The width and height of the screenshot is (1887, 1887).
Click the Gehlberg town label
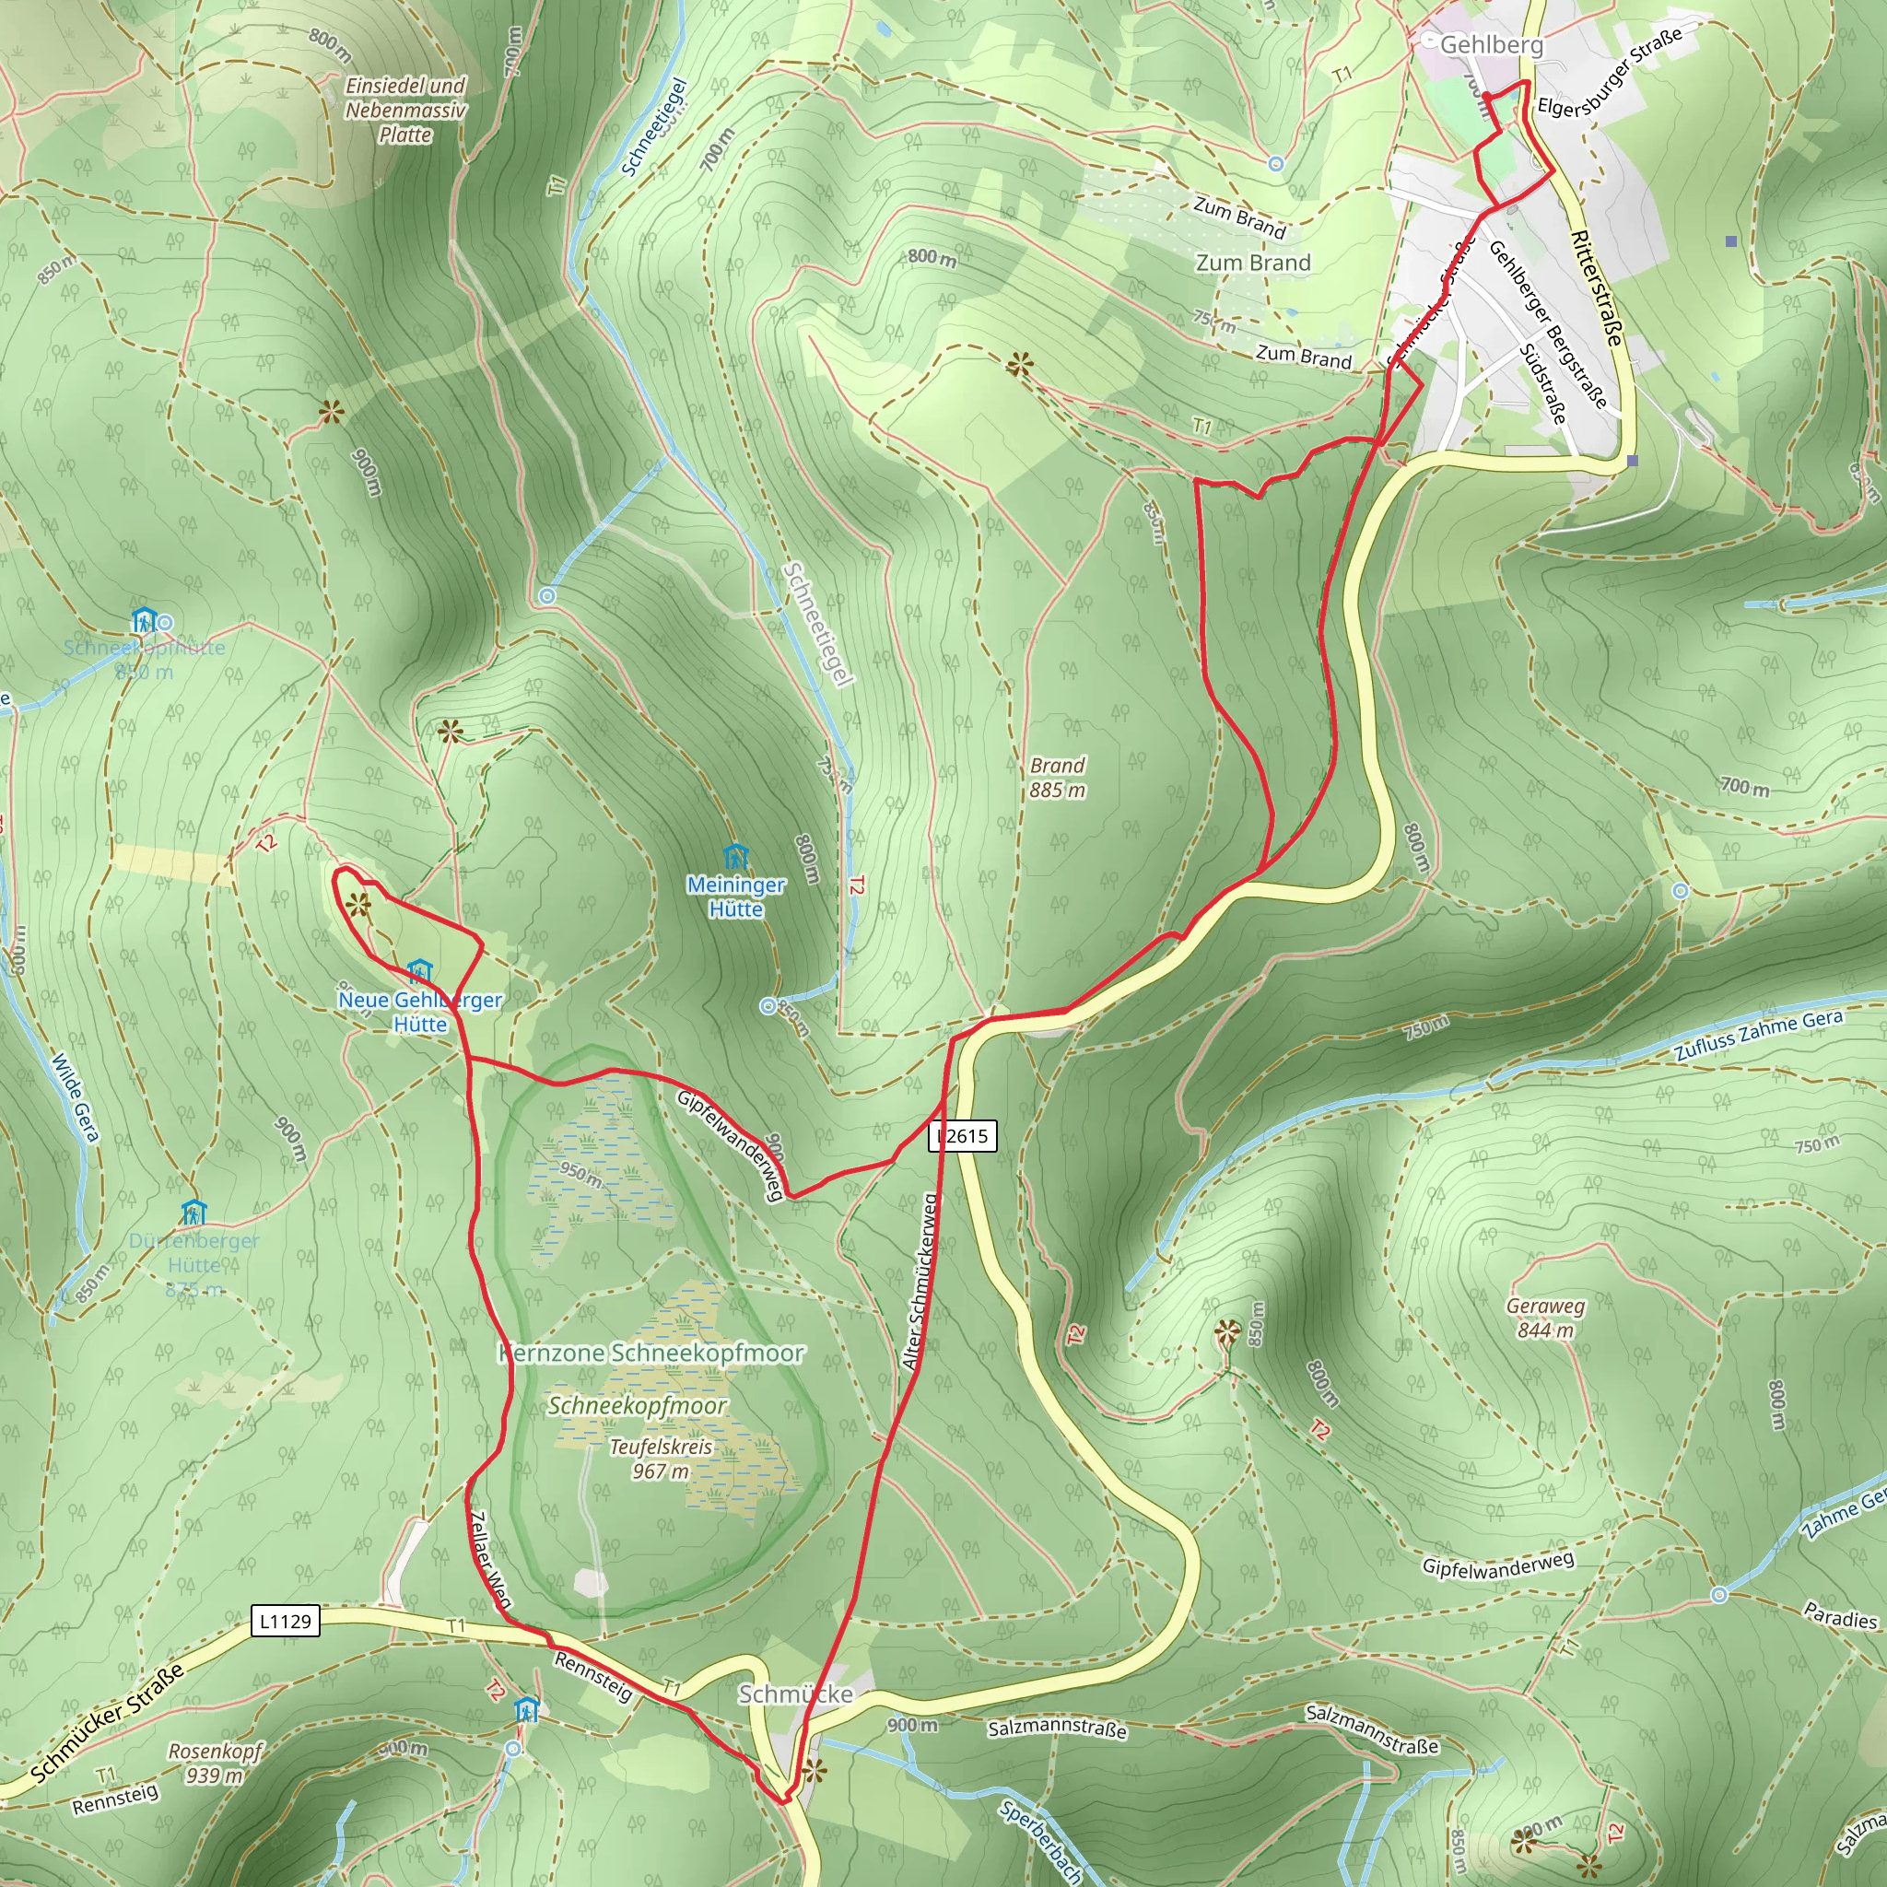click(1492, 45)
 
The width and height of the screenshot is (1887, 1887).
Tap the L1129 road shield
click(286, 1622)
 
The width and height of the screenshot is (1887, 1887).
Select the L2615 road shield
click(963, 1136)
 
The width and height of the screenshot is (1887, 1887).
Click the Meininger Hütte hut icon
click(735, 858)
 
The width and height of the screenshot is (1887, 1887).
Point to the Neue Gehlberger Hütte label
click(420, 1012)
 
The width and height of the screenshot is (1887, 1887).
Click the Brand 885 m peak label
click(1057, 778)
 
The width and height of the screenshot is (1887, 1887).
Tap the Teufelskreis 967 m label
click(662, 1459)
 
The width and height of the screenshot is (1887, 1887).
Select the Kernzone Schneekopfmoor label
click(651, 1353)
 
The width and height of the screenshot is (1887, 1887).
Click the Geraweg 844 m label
click(1545, 1318)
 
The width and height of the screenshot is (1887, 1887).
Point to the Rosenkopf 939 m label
click(215, 1763)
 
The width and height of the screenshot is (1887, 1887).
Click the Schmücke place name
click(795, 1694)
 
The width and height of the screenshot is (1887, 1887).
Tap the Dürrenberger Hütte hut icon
click(193, 1213)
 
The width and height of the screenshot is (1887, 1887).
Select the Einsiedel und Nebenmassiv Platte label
click(405, 110)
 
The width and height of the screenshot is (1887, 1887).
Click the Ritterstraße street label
click(1597, 287)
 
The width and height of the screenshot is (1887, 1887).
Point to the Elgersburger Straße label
click(1610, 70)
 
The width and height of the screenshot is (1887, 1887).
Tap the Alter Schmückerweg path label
click(920, 1283)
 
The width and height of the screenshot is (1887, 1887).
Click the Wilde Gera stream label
click(76, 1096)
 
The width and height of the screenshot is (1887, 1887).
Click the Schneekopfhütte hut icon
click(144, 620)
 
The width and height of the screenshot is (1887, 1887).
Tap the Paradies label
click(1840, 1617)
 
